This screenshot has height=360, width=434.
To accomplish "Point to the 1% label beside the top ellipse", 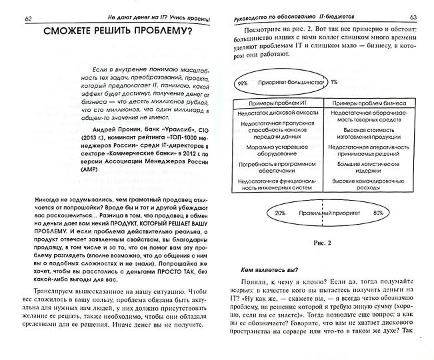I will pyautogui.click(x=333, y=82).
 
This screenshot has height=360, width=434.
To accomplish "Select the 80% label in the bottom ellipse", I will pyautogui.click(x=379, y=214).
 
